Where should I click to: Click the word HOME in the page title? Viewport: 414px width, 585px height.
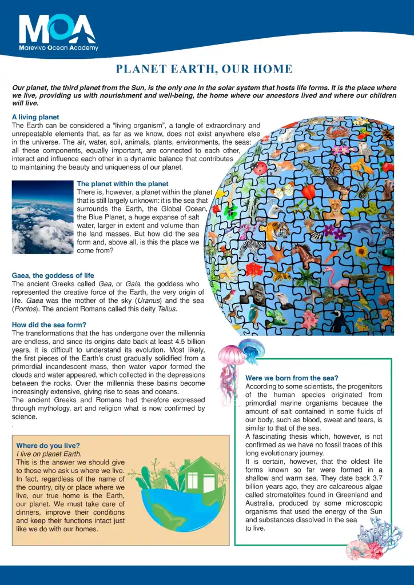(273, 70)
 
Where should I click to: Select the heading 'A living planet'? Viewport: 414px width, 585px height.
(35, 117)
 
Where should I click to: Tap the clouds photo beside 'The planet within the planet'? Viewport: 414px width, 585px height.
(42, 217)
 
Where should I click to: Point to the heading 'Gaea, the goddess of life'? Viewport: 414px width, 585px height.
(53, 275)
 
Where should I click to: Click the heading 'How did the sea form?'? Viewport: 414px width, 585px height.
(49, 324)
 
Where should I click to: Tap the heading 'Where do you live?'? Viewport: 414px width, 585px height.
(48, 445)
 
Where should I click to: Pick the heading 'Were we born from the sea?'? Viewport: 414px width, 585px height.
(292, 378)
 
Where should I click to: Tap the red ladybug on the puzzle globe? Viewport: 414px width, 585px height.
(260, 167)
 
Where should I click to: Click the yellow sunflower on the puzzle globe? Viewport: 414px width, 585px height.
(361, 251)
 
